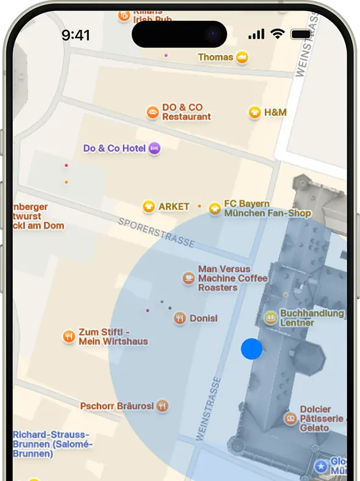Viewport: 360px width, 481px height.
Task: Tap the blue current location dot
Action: [x=251, y=349]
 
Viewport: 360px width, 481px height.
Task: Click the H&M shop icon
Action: [x=254, y=112]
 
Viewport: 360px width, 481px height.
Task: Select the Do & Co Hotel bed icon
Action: [x=155, y=148]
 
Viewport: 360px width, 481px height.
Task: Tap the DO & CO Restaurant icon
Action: [x=153, y=112]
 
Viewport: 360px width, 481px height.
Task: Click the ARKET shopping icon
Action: [x=148, y=206]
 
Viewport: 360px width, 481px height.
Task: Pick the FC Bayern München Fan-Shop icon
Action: [x=215, y=209]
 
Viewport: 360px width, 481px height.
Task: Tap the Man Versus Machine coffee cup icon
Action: [x=189, y=278]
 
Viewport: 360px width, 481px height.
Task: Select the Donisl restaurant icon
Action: [x=179, y=318]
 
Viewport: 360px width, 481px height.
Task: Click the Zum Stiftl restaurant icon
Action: [x=69, y=336]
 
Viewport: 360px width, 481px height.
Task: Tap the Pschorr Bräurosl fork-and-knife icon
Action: [x=162, y=405]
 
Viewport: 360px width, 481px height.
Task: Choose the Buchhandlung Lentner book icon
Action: [x=270, y=317]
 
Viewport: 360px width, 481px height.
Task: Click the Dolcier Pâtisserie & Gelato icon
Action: [x=290, y=419]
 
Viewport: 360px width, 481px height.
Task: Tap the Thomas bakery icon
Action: [x=243, y=57]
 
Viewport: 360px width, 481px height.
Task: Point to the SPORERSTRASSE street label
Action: [x=156, y=233]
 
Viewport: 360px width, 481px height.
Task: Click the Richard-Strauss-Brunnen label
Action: [x=52, y=444]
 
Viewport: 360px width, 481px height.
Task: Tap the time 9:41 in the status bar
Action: [x=76, y=35]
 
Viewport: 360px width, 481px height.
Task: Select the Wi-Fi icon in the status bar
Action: [x=278, y=34]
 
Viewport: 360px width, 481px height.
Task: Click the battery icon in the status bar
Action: [x=301, y=34]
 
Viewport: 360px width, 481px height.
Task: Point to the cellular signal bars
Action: [x=256, y=35]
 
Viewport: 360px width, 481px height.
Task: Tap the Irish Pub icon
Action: [x=124, y=16]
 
